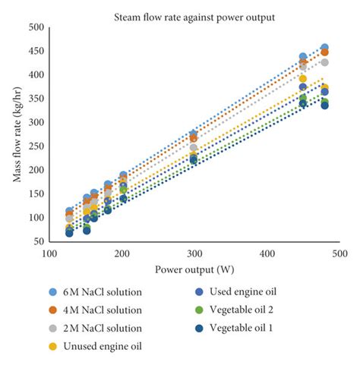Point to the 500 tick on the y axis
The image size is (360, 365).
coord(34,27)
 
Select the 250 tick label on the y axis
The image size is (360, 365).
coord(34,146)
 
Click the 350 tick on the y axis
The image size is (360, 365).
coord(34,99)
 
